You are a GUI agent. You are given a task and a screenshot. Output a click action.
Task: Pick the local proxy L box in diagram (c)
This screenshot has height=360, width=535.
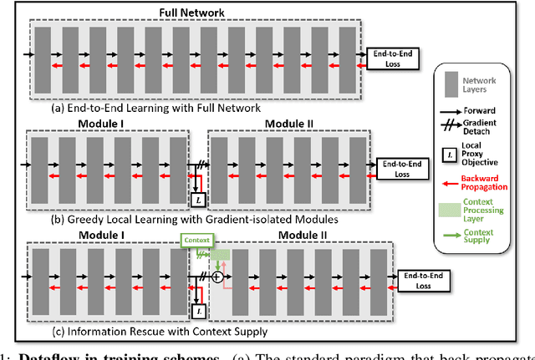pyautogui.click(x=199, y=310)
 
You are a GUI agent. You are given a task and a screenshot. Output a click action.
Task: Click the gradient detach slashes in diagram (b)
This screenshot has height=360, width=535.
pyautogui.click(x=201, y=166)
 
